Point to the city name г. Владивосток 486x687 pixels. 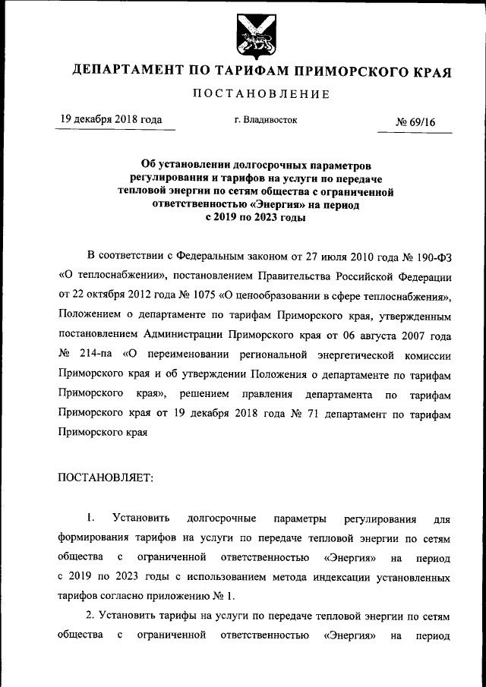click(266, 120)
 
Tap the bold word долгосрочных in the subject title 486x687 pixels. click(246, 164)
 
